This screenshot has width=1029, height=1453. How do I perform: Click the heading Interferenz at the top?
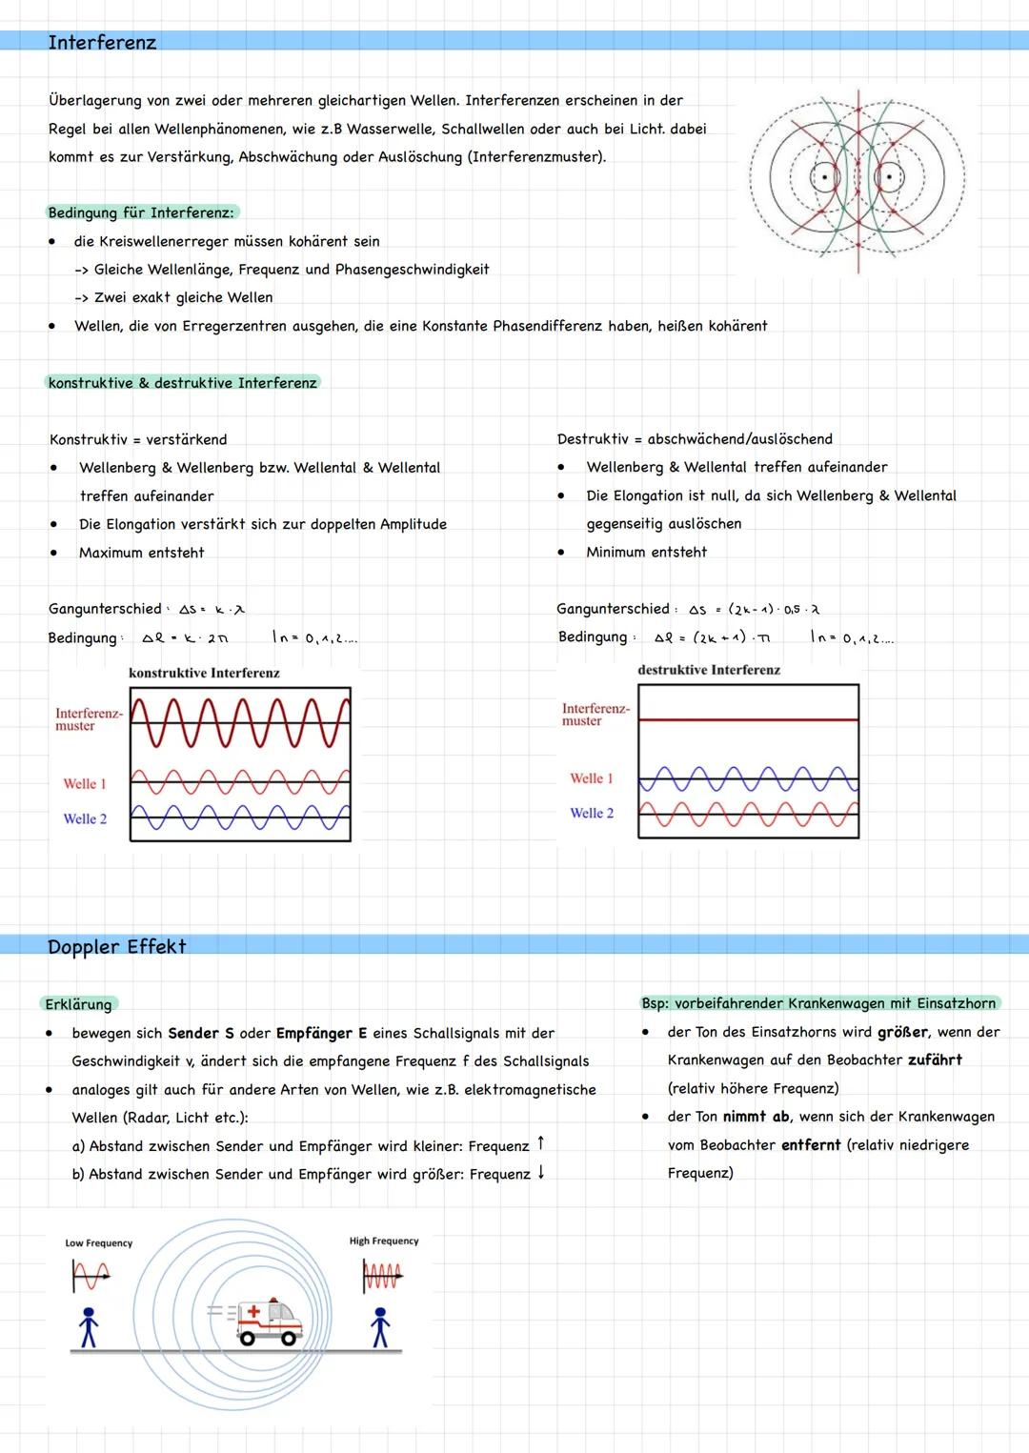pos(102,42)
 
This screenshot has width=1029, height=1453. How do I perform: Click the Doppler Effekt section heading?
pos(116,946)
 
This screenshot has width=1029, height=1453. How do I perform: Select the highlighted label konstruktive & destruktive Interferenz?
pos(182,382)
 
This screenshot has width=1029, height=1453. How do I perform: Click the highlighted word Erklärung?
pos(78,1004)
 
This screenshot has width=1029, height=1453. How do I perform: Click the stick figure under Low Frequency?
pos(89,1326)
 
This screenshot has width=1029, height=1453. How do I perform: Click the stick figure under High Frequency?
pos(380,1326)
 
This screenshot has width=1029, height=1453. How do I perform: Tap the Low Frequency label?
pos(98,1242)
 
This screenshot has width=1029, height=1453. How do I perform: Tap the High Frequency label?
pos(383,1241)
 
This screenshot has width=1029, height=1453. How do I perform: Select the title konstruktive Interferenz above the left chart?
pos(204,673)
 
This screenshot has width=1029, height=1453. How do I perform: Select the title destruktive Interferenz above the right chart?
pos(709,670)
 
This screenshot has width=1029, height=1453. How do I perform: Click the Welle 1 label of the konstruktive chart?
pos(85,783)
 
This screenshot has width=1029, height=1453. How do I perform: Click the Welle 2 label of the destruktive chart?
pos(592,813)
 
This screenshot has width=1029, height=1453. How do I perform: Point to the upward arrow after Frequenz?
pos(541,1142)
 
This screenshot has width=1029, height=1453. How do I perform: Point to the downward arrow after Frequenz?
pos(541,1172)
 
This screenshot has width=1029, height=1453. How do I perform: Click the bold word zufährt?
pos(934,1059)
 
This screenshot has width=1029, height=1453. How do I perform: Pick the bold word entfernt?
pos(811,1144)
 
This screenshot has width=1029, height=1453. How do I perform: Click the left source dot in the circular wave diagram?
pos(820,177)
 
